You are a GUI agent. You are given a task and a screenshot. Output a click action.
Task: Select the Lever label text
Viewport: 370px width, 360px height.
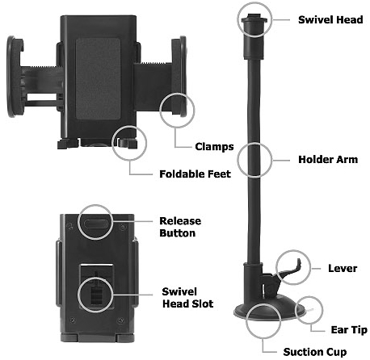tap(343, 267)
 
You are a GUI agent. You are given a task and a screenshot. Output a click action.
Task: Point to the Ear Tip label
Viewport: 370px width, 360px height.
tap(347, 330)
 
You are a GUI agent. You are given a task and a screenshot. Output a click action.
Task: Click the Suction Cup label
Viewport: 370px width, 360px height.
tap(314, 352)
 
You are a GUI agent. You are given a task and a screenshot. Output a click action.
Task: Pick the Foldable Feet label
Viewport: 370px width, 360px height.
tap(195, 174)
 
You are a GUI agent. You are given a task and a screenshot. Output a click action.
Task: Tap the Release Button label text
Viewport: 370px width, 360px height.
tap(179, 227)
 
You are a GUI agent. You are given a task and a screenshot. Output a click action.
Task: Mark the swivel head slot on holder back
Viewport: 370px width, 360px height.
tap(96, 291)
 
